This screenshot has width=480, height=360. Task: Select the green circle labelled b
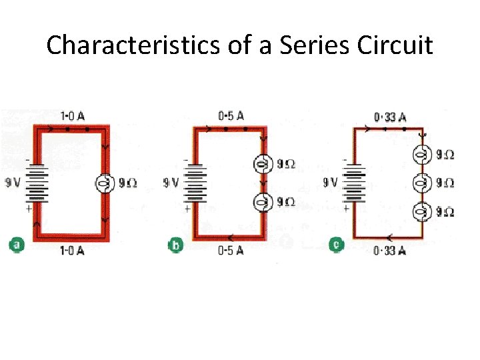(x=175, y=245)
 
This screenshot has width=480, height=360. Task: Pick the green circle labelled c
(x=337, y=245)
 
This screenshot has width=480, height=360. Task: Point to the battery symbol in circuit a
(x=37, y=181)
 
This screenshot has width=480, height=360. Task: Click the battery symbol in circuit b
(x=195, y=182)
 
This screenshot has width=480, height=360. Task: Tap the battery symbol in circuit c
(x=354, y=181)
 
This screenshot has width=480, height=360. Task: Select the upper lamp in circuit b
(x=263, y=163)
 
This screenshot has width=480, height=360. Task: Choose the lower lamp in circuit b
(x=263, y=201)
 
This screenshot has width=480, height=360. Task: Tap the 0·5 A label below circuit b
(x=231, y=250)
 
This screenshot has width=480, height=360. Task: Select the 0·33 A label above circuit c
(x=390, y=117)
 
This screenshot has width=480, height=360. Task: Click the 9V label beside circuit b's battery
(x=171, y=182)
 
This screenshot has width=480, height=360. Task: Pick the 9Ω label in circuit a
(x=127, y=182)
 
